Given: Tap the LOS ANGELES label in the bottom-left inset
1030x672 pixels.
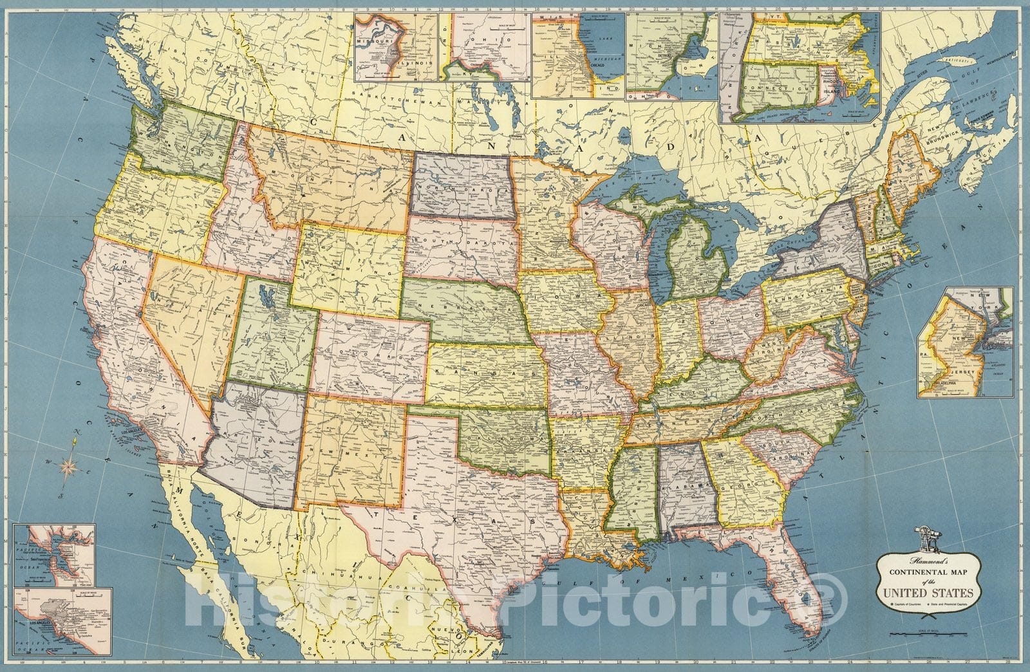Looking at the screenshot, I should pyautogui.click(x=40, y=641).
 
